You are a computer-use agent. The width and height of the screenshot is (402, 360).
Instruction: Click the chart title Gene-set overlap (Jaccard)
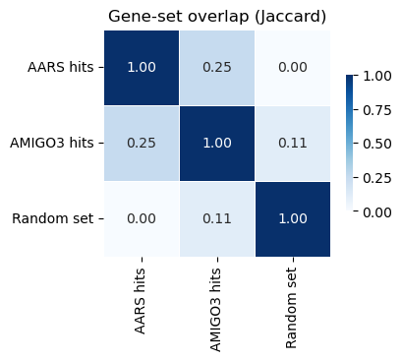pos(217,17)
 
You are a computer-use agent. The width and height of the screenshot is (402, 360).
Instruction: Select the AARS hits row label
pos(61,67)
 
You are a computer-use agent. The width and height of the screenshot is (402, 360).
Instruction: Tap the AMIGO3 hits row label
pos(52,143)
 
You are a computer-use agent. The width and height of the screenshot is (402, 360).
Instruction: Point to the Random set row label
pos(53,218)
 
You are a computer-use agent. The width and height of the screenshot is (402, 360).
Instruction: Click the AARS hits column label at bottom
pos(140,301)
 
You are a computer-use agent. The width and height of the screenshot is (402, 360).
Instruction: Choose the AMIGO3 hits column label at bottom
pos(215,310)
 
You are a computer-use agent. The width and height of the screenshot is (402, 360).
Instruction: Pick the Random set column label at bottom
pos(291,308)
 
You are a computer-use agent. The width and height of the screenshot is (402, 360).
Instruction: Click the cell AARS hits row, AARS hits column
pos(142,68)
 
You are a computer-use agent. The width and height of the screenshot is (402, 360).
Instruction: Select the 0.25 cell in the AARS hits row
pos(217,68)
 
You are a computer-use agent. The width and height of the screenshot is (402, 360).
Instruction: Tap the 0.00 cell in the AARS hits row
pos(293,68)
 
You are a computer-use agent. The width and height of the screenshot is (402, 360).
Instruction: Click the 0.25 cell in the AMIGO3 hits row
pos(142,144)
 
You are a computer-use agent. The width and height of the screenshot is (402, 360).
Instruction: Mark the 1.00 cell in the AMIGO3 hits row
pos(217,144)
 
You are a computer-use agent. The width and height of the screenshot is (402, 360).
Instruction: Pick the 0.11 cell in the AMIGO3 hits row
pos(293,144)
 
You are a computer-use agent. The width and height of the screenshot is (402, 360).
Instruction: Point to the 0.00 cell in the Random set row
pos(142,219)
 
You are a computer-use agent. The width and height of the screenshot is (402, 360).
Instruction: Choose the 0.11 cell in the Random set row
pos(217,219)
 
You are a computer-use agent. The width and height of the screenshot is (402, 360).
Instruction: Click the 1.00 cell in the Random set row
pos(293,219)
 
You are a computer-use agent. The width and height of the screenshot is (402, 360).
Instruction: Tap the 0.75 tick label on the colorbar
pos(377,110)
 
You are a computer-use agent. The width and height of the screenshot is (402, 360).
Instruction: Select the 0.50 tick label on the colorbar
pos(377,144)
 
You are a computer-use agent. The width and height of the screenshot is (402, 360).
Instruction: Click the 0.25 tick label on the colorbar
pos(377,178)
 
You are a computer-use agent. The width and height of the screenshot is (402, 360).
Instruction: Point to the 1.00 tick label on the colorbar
pos(377,76)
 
